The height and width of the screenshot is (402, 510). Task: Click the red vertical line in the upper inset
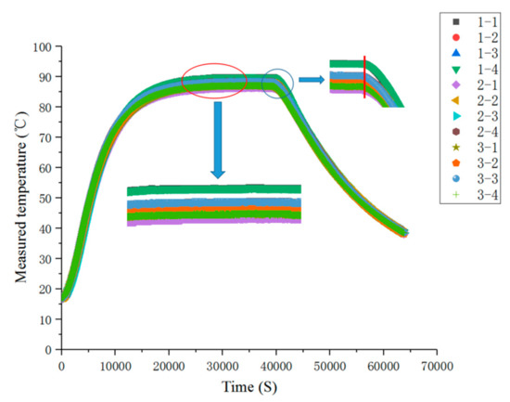(x=364, y=77)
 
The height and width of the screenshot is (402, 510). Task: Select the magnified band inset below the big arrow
(x=214, y=204)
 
